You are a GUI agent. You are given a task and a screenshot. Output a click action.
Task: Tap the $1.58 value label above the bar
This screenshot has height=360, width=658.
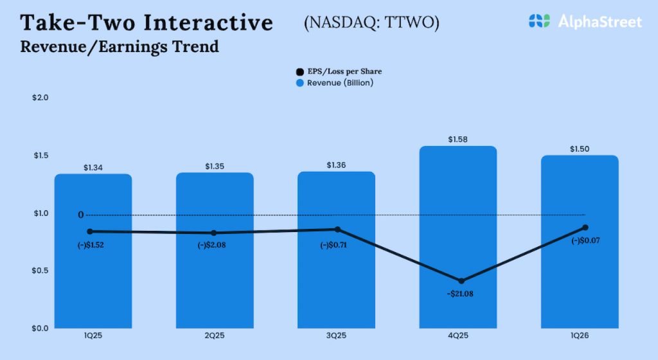point(458,139)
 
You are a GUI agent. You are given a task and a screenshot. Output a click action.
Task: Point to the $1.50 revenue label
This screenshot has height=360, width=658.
point(580,148)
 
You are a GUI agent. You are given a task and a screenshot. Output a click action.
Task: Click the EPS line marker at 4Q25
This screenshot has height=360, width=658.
point(461,281)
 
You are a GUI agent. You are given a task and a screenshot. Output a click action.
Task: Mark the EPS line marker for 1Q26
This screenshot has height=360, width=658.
point(585,228)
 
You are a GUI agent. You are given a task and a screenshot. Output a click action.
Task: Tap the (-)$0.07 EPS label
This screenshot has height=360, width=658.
point(585,240)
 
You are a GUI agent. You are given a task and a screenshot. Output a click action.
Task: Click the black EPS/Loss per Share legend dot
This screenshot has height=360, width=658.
point(299,72)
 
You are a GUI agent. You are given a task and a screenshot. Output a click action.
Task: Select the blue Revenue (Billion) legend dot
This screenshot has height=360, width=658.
point(299,83)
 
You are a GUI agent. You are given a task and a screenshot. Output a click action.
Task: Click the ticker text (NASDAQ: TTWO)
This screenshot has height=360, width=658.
point(371,23)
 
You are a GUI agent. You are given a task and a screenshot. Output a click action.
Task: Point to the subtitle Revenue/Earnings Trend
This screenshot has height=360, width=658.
point(120,47)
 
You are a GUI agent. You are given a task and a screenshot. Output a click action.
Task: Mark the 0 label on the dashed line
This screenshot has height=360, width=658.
point(81,215)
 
